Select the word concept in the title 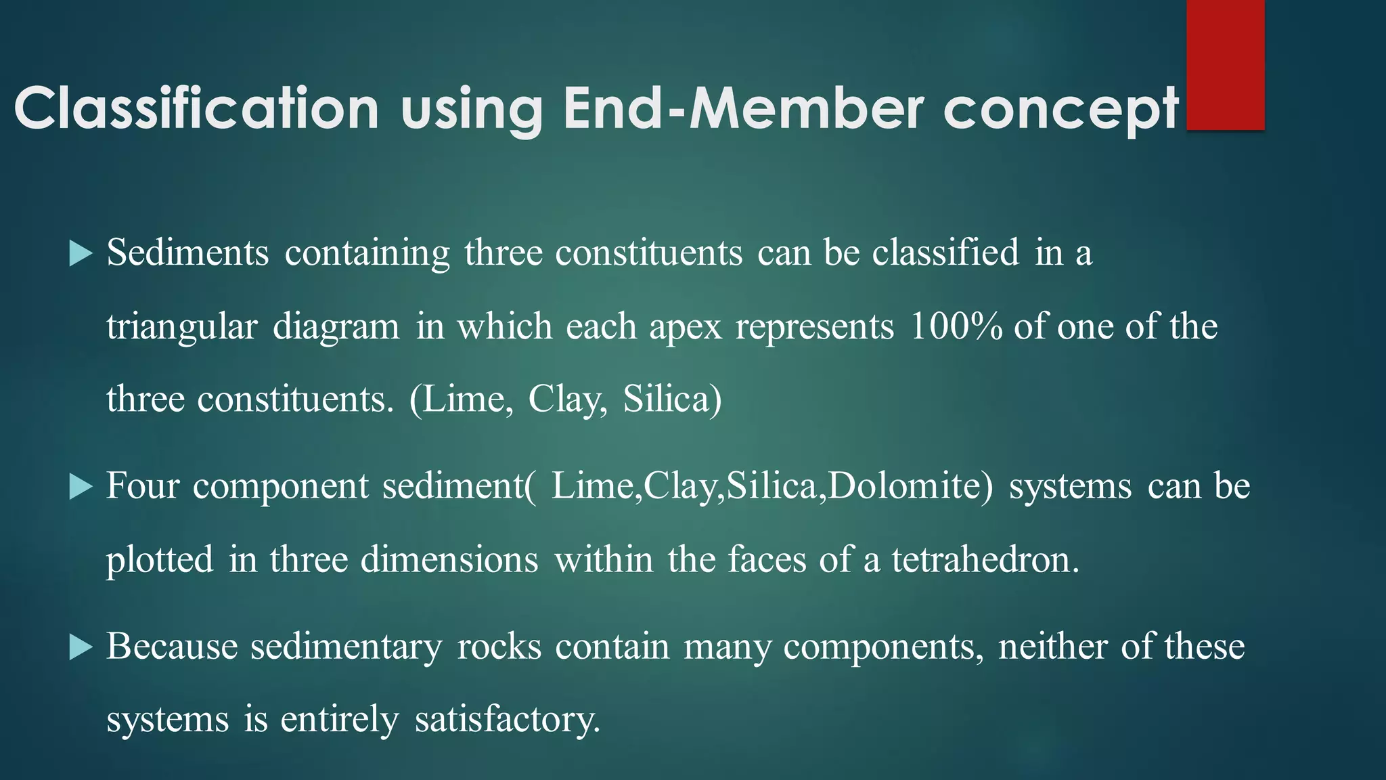(1061, 110)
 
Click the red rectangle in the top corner (1225, 64)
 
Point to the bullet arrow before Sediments (81, 254)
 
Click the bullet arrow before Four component (81, 487)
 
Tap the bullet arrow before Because (81, 647)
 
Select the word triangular (182, 327)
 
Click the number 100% (956, 326)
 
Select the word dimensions (449, 560)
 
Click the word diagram (336, 327)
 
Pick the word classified (945, 253)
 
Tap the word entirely (340, 719)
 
